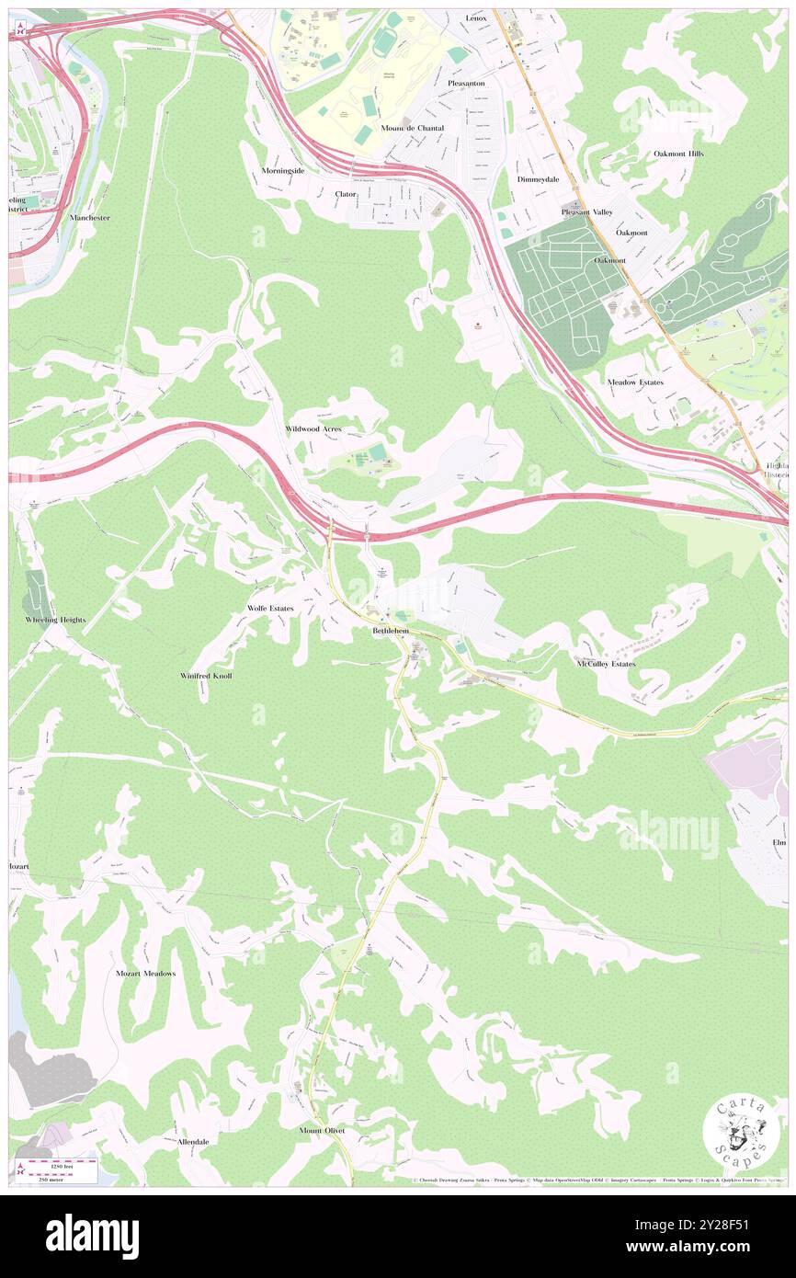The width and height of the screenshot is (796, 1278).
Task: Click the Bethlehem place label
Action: [x=391, y=632]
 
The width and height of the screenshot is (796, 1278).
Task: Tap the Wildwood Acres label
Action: [x=313, y=429]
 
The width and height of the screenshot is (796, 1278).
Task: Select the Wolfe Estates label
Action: [x=270, y=609]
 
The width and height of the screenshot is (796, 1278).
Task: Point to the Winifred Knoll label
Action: [x=206, y=676]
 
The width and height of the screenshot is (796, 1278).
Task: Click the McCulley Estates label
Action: [x=606, y=663]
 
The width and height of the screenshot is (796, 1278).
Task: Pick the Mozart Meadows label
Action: [x=145, y=973]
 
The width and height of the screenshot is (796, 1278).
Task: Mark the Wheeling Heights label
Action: [x=55, y=621]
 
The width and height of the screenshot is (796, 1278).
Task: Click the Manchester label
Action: [x=89, y=218]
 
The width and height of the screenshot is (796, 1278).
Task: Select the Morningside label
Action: [x=282, y=171]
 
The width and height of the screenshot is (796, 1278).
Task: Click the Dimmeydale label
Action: [x=538, y=179]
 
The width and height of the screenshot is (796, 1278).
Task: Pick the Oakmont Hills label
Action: [x=678, y=154]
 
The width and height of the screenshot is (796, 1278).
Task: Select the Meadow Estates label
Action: [x=635, y=382]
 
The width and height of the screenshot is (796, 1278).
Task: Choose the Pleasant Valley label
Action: [x=587, y=212]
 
